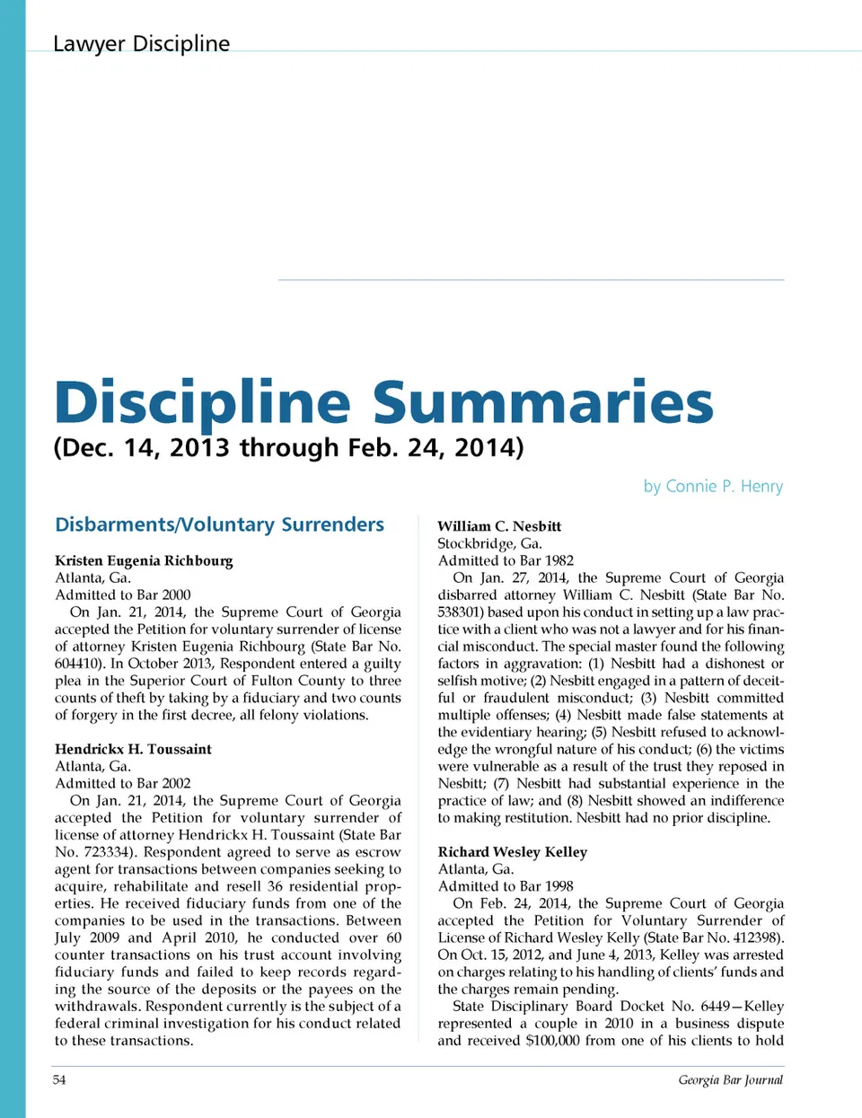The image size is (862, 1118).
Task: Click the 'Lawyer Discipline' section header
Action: [141, 43]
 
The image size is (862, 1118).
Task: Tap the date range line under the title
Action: [288, 447]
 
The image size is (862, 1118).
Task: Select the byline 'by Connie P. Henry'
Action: [713, 486]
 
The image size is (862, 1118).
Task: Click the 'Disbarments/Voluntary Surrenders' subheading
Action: [219, 524]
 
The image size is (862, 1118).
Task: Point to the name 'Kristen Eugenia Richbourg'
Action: [144, 560]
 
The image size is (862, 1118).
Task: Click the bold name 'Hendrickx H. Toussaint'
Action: [133, 749]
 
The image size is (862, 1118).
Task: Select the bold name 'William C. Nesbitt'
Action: [499, 526]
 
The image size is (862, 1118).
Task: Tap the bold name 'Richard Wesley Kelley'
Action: [512, 851]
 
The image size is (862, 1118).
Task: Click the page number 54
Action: [59, 1079]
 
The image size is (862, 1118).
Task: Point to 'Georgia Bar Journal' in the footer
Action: [730, 1079]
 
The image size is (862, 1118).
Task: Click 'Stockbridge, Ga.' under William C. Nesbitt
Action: [489, 543]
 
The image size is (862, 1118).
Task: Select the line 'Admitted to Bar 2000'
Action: [123, 594]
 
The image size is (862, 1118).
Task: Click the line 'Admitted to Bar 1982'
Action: [506, 560]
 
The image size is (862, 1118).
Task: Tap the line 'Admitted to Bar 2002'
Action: [123, 783]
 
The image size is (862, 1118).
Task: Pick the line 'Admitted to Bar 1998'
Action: [506, 885]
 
